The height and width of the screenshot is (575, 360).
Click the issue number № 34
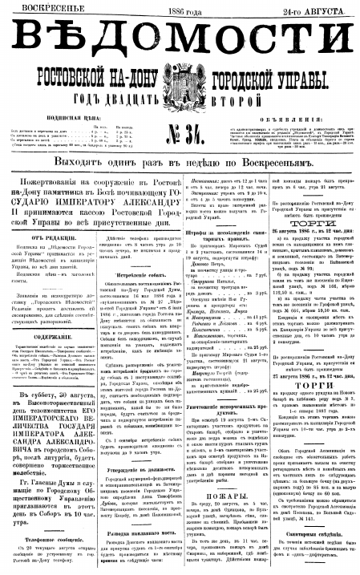pos(178,136)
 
